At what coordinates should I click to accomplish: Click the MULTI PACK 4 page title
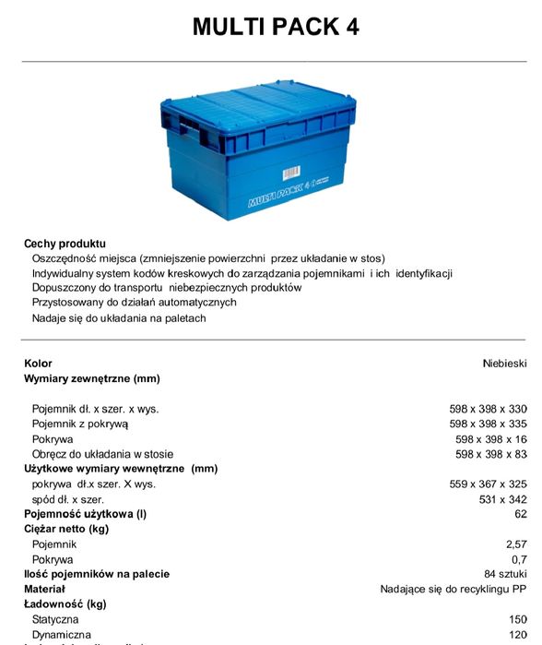pos(275,28)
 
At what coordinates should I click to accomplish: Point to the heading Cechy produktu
pos(65,244)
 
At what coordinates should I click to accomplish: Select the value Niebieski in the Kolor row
pos(504,364)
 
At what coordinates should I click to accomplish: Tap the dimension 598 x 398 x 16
pos(493,439)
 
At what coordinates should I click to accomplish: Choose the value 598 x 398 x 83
pos(493,454)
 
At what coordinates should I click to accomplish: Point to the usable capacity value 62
pos(521,514)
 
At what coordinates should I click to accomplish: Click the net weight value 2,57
pos(516,544)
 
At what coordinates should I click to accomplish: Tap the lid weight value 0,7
pos(519,559)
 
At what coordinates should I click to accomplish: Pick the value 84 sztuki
pos(505,574)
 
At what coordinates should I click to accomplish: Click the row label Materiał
pos(44,589)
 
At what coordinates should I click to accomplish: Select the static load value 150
pos(518,619)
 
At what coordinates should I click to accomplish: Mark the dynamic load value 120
pos(518,635)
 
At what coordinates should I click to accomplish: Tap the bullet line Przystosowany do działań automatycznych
pos(135,302)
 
